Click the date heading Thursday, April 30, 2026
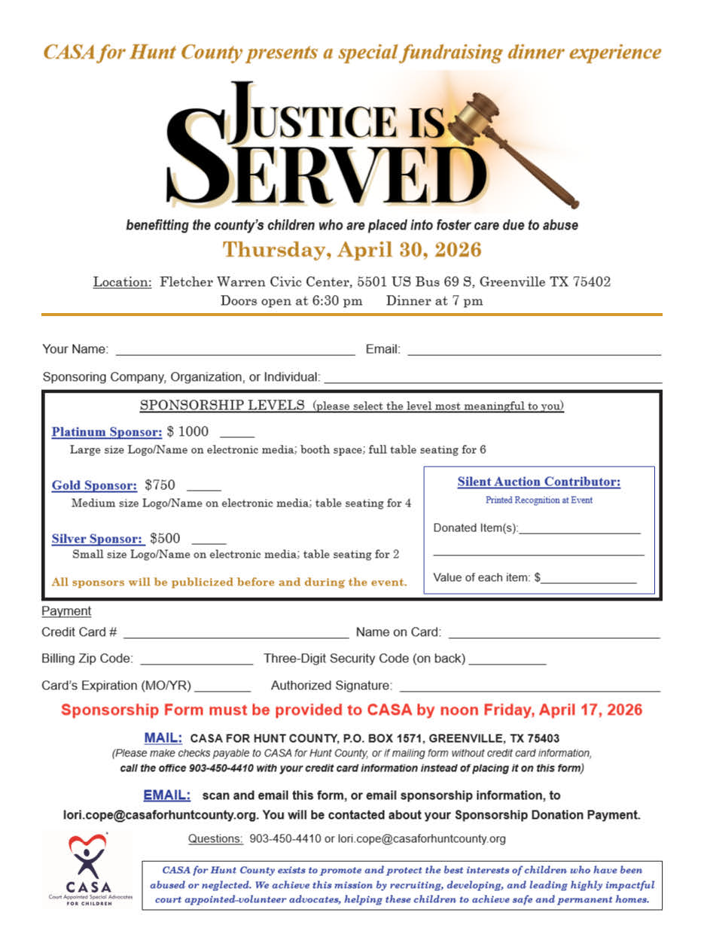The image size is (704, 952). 352,249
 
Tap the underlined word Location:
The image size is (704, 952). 123,282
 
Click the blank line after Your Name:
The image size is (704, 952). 234,351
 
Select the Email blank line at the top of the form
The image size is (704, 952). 533,351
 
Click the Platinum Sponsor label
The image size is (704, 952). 106,432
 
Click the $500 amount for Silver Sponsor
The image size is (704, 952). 165,538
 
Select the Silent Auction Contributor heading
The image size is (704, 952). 539,482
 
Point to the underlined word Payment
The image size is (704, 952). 66,611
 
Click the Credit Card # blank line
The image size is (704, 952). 236,634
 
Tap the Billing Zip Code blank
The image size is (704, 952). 197,660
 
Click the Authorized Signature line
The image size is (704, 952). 529,686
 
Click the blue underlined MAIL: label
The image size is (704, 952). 163,738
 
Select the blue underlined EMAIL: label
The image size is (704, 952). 166,795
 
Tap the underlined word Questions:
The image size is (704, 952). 215,838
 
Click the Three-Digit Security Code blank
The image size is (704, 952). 507,660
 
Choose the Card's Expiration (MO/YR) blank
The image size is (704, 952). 222,686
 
